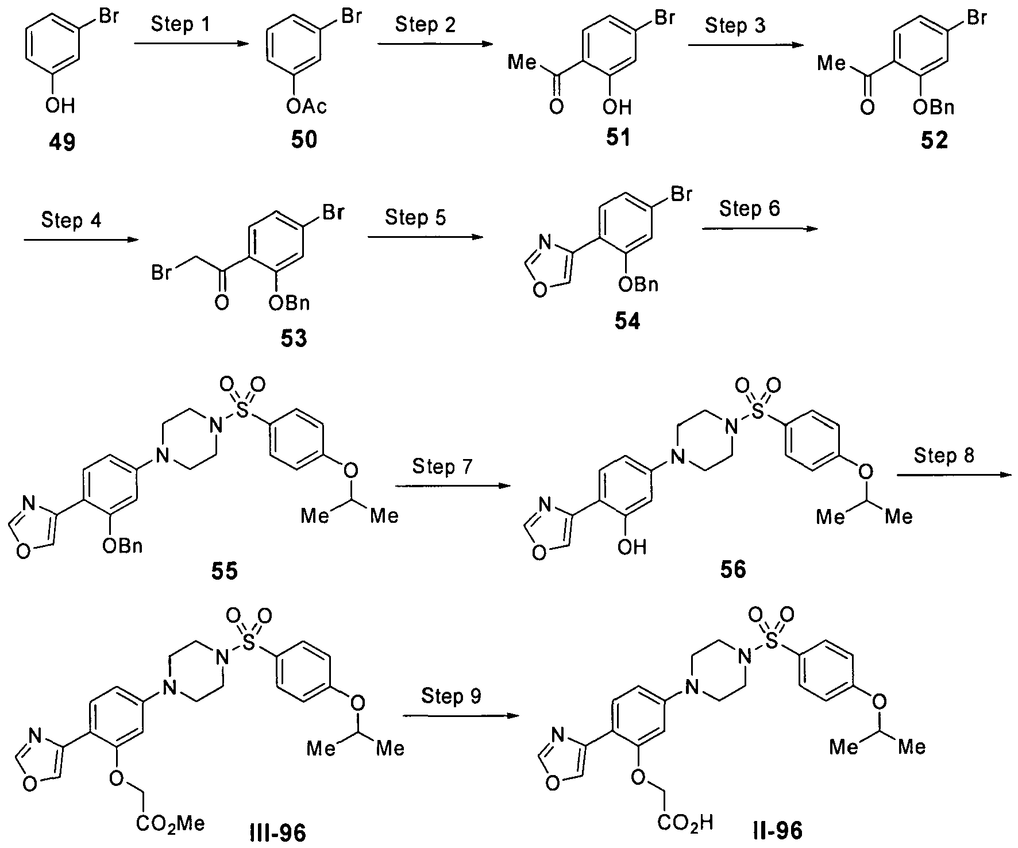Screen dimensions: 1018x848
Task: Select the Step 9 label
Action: tap(451, 696)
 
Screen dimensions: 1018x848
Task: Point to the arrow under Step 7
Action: tap(453, 486)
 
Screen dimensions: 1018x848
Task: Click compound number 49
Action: tap(61, 141)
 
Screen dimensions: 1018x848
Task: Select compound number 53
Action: tap(294, 339)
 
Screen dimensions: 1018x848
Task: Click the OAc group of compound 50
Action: tap(305, 106)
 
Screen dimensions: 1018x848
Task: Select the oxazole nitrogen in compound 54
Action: tap(545, 248)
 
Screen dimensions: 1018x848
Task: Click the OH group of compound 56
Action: tap(632, 546)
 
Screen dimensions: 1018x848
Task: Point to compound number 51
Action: tap(618, 138)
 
